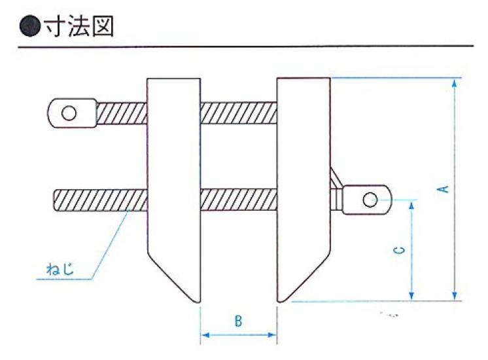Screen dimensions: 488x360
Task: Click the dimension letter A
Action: point(444,189)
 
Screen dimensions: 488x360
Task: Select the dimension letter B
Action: point(238,321)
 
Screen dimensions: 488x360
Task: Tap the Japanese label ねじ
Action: point(60,269)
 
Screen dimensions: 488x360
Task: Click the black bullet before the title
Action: point(30,26)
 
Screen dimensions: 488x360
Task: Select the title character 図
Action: point(103,26)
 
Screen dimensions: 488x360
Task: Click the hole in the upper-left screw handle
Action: point(69,113)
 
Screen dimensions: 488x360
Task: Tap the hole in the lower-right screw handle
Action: point(370,200)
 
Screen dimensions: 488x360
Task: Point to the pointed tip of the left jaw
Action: point(198,302)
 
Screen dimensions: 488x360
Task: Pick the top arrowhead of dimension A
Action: point(455,84)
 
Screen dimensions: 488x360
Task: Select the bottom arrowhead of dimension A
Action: point(455,296)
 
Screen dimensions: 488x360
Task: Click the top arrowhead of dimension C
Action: point(411,206)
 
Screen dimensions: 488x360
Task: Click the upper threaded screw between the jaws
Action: point(239,113)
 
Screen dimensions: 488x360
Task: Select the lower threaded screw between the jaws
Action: point(239,199)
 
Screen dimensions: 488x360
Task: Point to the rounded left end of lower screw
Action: point(56,200)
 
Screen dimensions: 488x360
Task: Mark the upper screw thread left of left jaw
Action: point(122,113)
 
